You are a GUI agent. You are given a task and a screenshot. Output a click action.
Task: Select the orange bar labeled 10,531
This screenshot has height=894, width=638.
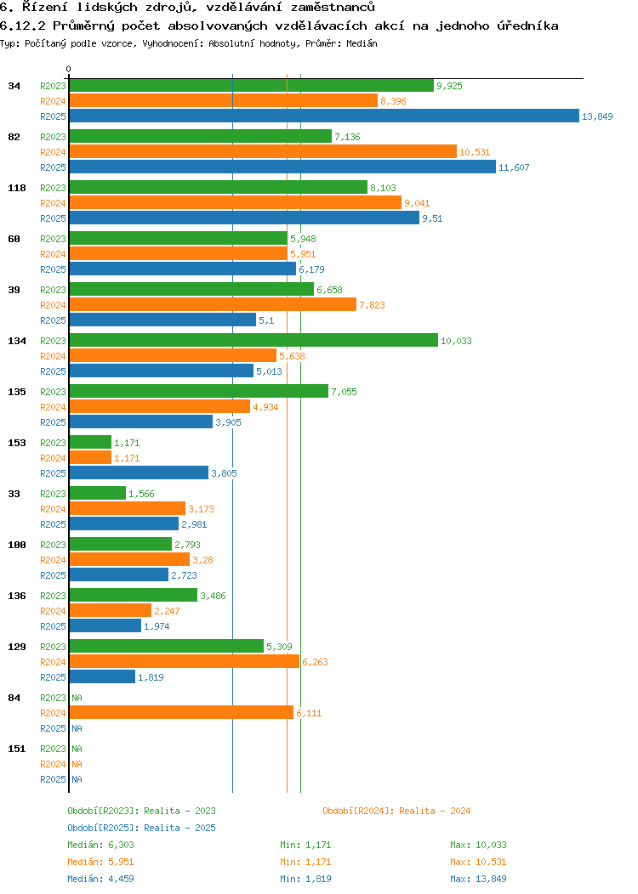[263, 152]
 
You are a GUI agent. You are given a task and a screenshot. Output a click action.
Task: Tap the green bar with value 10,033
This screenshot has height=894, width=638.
[253, 341]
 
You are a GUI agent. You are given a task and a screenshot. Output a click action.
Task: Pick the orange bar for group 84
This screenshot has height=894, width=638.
[181, 713]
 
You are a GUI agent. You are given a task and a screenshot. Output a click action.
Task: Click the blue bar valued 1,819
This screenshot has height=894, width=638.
[102, 677]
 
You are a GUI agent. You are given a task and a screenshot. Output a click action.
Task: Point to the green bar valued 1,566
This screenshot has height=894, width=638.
[97, 494]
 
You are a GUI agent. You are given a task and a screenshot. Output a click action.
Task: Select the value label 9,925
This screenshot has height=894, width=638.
[449, 86]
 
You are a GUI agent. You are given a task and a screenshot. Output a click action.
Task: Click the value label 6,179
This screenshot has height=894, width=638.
[311, 269]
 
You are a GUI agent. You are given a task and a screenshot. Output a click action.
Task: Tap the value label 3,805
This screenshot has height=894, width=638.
[224, 473]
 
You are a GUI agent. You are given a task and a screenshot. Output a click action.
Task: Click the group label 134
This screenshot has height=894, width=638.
[16, 341]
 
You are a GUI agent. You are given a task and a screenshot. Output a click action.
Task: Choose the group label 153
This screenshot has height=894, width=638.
[16, 443]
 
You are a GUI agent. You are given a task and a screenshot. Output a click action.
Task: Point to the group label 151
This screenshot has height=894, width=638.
[16, 749]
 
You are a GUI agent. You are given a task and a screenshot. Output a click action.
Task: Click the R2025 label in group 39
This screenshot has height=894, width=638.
[53, 320]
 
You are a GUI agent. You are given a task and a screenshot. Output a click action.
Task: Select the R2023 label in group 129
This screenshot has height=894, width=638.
[53, 647]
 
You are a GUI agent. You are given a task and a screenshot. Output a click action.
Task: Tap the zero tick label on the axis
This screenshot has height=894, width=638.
[69, 69]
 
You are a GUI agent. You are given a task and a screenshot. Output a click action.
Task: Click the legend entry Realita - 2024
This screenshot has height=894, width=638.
[396, 811]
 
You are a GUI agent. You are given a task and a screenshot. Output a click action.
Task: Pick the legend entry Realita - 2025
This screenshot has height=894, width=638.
[141, 828]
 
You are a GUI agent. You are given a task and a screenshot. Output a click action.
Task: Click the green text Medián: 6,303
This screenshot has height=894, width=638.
[100, 845]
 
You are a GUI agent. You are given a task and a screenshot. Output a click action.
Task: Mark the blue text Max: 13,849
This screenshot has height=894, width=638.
[478, 879]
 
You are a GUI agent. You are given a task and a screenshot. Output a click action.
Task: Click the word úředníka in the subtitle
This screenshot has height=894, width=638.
[526, 25]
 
